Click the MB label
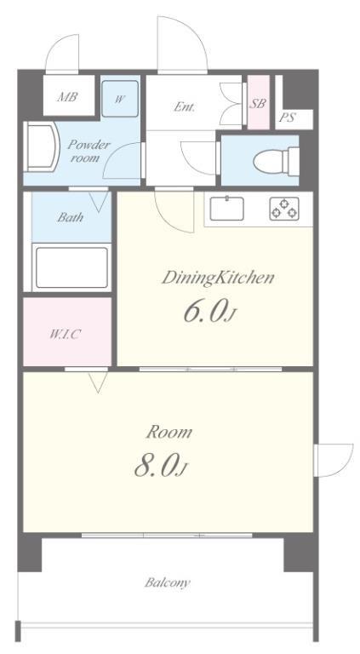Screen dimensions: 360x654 point(67,97)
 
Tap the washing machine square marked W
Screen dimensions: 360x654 point(120,99)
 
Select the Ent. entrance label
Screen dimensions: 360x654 point(184,106)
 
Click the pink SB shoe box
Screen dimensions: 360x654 point(259,102)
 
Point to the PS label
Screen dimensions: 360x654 point(287,118)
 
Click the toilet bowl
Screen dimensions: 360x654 point(276,160)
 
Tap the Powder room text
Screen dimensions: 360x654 point(89,151)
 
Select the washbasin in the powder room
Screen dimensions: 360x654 point(42,146)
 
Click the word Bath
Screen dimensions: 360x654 point(70,217)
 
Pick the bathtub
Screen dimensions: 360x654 point(71,267)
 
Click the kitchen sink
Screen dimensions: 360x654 point(226,208)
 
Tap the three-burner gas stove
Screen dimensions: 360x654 point(284,209)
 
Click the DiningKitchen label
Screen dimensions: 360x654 point(218,278)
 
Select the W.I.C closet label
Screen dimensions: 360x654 point(65,334)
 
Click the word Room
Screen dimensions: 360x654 point(169,432)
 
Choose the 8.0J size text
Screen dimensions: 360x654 point(161,467)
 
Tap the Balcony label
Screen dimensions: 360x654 point(168,582)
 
